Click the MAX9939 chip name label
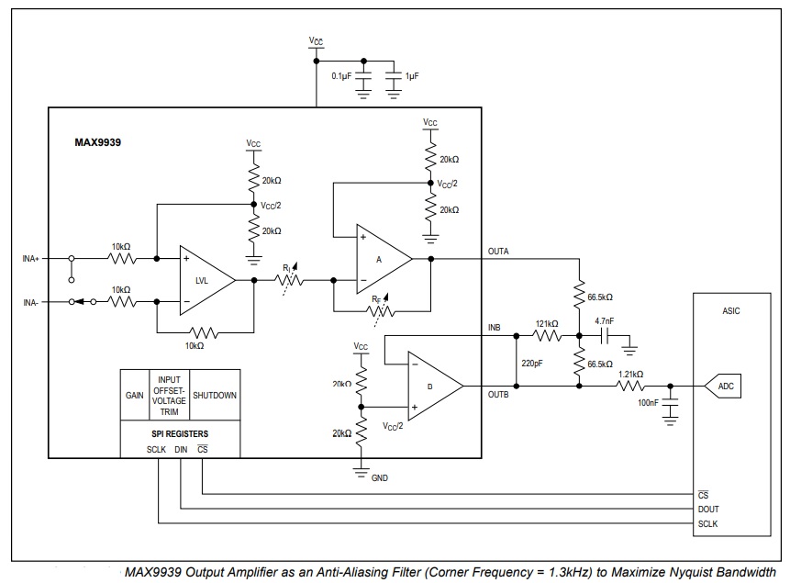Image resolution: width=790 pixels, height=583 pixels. (98, 142)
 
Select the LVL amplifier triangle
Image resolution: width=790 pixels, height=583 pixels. (207, 280)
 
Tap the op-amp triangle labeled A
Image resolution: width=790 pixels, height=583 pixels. (384, 259)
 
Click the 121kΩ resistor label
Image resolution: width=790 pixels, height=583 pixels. (547, 324)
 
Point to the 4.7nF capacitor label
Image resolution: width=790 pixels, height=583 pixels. (604, 320)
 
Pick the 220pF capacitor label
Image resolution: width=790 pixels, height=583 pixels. (532, 364)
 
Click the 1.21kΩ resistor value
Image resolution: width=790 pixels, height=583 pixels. (630, 375)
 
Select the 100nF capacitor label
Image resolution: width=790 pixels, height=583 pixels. (648, 402)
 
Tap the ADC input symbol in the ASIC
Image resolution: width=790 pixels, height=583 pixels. (723, 387)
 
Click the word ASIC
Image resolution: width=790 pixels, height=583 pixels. (731, 310)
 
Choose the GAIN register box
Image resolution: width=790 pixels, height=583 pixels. (135, 395)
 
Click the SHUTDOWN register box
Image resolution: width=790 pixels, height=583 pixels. (215, 395)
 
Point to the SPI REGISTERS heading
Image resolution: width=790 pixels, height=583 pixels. (180, 433)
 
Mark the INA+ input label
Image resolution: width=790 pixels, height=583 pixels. (30, 259)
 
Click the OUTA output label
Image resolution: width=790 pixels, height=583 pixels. (498, 252)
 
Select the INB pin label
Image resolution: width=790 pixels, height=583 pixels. (495, 328)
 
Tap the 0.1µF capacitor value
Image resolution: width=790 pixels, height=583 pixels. (341, 76)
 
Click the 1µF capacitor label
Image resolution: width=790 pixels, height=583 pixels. (412, 76)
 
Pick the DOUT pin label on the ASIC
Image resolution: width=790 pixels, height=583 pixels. (708, 510)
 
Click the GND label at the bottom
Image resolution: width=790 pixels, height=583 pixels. (379, 477)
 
